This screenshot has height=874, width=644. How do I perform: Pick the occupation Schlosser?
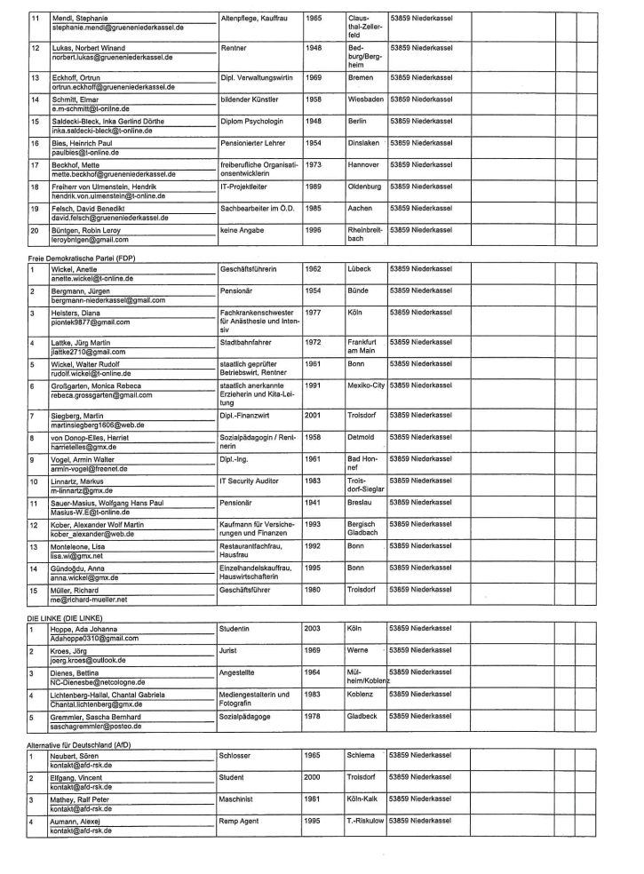pyautogui.click(x=236, y=754)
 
